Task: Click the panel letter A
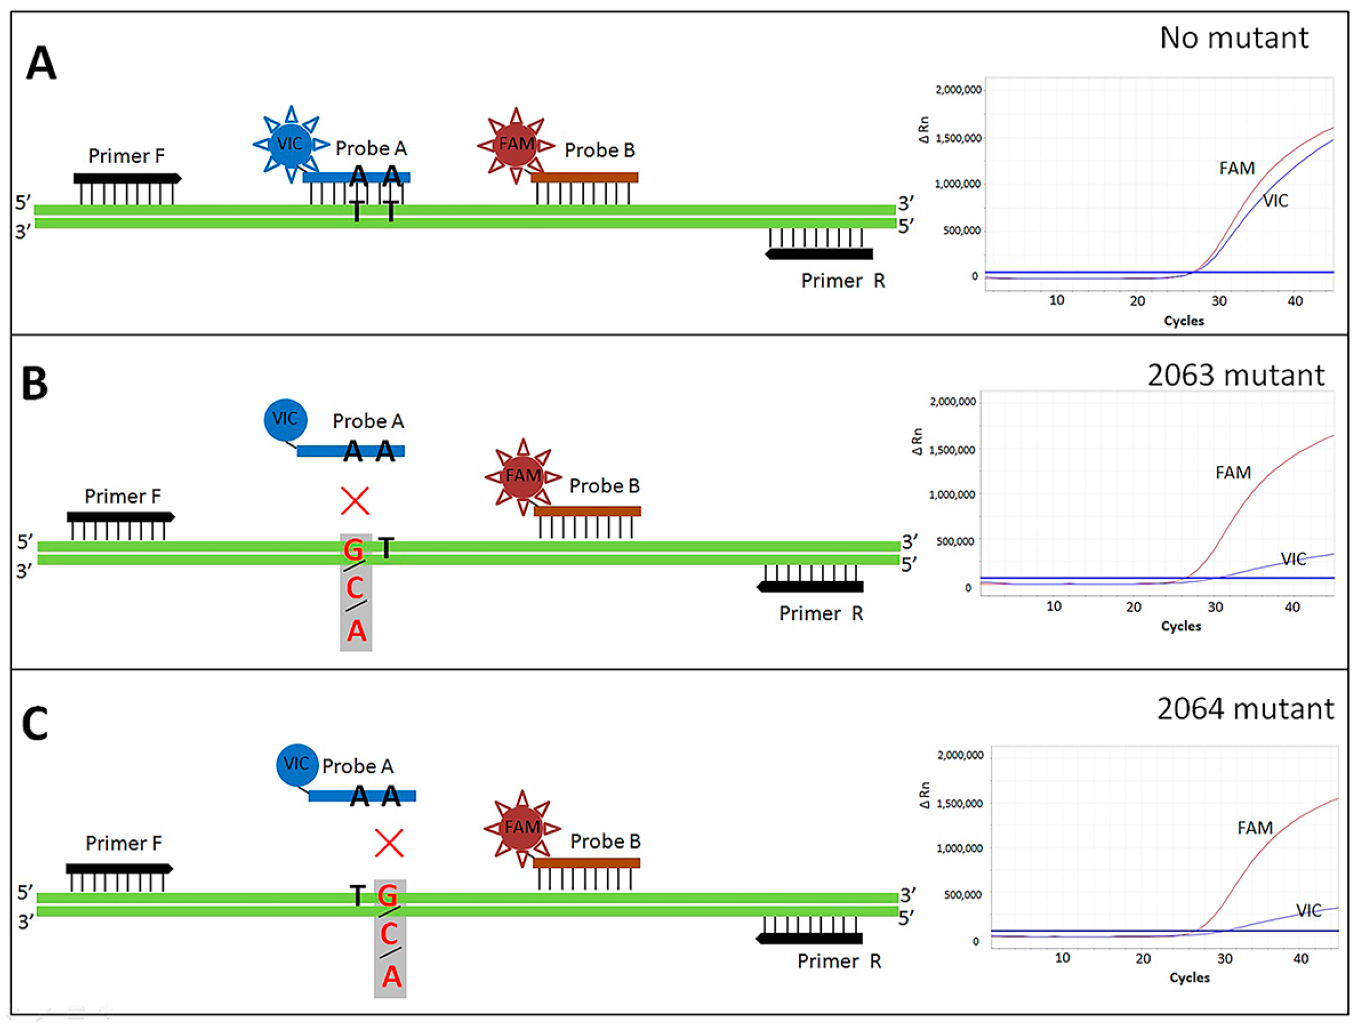41,64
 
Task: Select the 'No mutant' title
1234,38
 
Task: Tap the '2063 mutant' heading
1235,375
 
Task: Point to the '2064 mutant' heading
1245,709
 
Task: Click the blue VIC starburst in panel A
290,144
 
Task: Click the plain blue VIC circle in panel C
297,764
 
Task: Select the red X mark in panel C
389,843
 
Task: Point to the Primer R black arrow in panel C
809,939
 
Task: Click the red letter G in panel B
354,550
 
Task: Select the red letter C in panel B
355,588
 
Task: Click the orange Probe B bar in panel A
584,178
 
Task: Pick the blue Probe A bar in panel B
351,451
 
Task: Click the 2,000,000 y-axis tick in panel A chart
958,90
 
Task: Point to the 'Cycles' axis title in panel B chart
1180,626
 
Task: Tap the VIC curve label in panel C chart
1308,910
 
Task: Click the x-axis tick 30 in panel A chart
1218,301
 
